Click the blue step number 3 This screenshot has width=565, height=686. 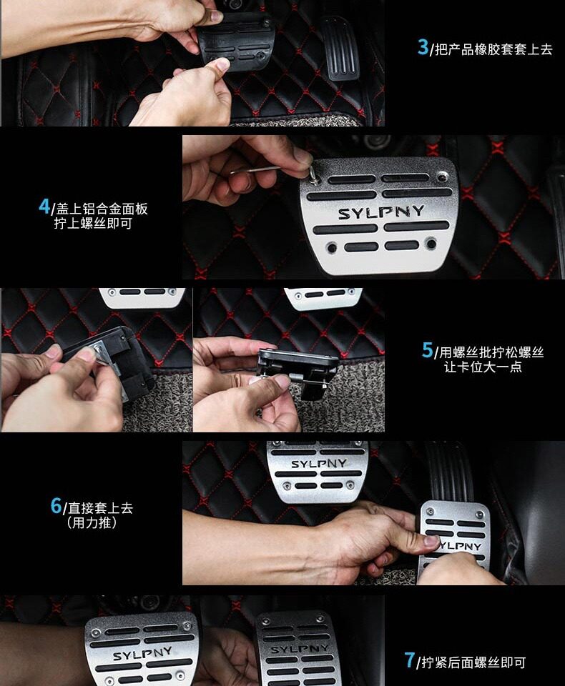click(x=423, y=47)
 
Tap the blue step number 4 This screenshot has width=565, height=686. click(x=44, y=206)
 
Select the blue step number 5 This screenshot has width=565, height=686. click(x=427, y=350)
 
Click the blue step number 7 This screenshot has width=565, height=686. click(x=410, y=660)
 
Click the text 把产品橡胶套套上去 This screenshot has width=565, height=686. click(x=494, y=49)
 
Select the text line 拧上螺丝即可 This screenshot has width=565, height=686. click(x=93, y=224)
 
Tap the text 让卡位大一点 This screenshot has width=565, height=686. click(x=483, y=367)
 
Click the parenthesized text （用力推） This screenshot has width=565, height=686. click(x=92, y=522)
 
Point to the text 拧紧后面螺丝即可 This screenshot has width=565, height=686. click(x=473, y=663)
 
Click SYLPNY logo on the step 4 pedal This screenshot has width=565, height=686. click(x=380, y=213)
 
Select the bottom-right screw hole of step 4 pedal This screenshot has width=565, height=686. click(x=431, y=243)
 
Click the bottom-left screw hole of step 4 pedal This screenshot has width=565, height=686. click(x=332, y=248)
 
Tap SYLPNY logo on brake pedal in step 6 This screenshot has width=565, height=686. click(x=318, y=464)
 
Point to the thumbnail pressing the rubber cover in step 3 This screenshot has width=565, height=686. click(x=222, y=65)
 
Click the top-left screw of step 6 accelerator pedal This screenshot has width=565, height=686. click(x=431, y=511)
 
